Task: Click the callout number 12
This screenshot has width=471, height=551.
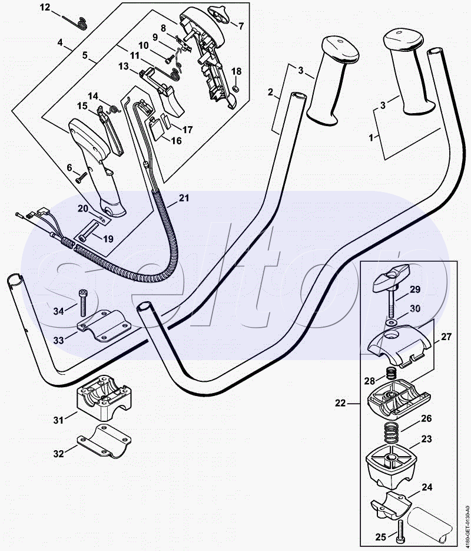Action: pos(45,7)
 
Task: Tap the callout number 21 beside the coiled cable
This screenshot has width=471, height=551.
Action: pos(184,198)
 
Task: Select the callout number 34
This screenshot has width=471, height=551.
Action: pos(59,311)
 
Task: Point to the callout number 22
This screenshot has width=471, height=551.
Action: pos(340,403)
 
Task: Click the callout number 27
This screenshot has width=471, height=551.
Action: pos(446,336)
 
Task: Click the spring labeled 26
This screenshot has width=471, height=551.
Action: pos(392,433)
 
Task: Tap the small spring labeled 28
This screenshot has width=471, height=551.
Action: pos(391,373)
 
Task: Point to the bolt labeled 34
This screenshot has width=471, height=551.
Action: pos(83,303)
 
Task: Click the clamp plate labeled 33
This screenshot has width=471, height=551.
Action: pos(104,326)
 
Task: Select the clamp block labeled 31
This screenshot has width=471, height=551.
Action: pos(104,397)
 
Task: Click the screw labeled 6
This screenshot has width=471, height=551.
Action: pos(81,177)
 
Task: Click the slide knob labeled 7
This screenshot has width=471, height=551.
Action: pos(220,14)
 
